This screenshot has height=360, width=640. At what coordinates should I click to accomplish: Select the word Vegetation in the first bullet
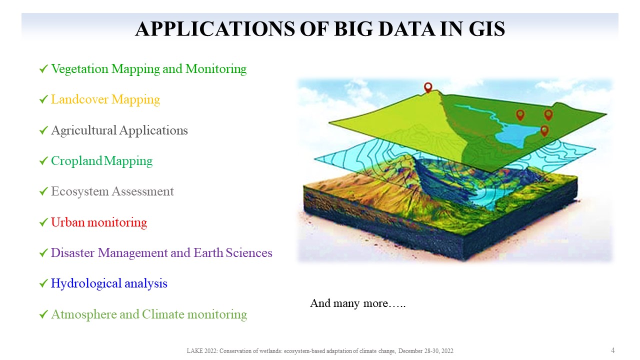pos(79,69)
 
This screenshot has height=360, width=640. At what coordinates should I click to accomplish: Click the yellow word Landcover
pos(79,99)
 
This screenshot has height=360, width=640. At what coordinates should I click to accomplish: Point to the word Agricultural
pos(84,130)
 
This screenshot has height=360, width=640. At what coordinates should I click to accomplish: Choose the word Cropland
pos(76,161)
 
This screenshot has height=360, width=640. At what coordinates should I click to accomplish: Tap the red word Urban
pos(68,222)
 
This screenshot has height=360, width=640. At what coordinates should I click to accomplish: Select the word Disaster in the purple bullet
pos(72,253)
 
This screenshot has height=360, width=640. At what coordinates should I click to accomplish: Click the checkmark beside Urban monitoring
pos(43,222)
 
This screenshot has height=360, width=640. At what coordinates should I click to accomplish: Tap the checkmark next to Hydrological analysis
pos(43,283)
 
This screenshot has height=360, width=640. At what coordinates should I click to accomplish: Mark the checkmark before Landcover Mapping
pos(43,99)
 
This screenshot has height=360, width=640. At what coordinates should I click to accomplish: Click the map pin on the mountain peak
pos(428,86)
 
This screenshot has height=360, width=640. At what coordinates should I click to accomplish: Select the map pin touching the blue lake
pos(544,130)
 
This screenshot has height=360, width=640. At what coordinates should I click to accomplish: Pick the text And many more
pos(357,303)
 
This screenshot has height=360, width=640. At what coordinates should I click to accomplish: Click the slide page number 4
pos(613,350)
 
